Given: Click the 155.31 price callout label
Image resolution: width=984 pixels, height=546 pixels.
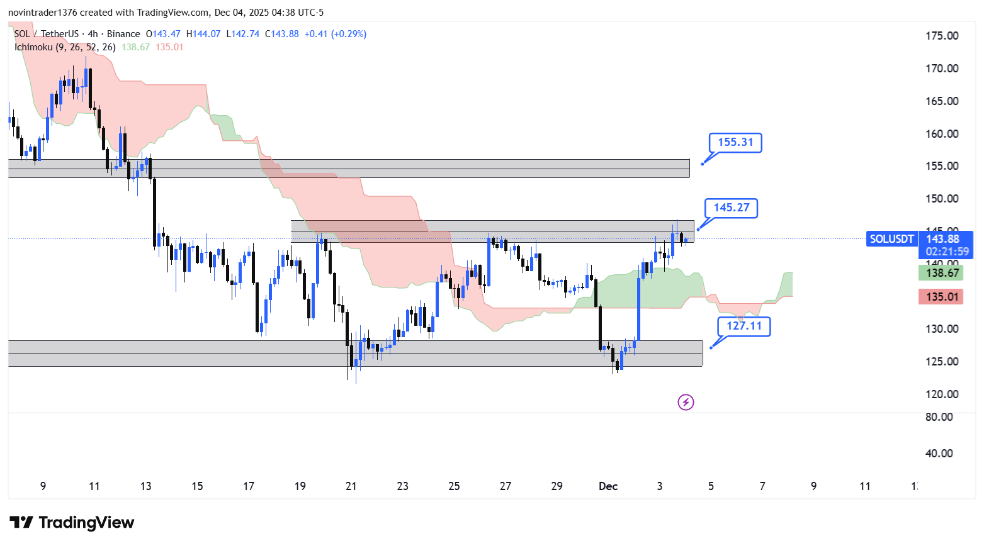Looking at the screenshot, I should [735, 143].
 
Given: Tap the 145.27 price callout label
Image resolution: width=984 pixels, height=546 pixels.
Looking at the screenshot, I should [731, 208].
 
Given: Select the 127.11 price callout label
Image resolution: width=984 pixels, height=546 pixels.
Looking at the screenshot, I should [744, 326].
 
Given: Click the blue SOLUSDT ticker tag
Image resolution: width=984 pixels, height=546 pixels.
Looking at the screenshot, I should [891, 239].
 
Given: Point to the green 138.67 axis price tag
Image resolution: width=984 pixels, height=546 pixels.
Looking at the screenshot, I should [941, 273].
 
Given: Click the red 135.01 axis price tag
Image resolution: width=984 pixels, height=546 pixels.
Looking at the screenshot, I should [941, 297].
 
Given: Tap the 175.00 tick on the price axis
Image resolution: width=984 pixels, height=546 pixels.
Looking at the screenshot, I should [942, 36].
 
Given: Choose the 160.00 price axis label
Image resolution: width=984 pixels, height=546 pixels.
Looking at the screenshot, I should [942, 134].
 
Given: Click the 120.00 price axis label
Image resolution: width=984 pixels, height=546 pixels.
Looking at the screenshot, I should [942, 394].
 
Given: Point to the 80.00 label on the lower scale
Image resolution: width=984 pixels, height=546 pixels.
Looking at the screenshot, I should [939, 417].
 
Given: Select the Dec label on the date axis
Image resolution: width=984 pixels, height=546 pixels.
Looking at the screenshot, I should [608, 486].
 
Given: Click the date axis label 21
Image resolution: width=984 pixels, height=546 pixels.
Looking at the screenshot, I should [351, 486].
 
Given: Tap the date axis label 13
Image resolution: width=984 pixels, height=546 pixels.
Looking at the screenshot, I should [145, 486].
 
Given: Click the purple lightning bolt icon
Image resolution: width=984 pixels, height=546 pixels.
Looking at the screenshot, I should [686, 402].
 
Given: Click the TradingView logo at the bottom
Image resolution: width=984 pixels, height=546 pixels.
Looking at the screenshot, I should [72, 523].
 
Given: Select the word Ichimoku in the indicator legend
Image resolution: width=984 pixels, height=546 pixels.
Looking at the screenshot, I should [33, 47].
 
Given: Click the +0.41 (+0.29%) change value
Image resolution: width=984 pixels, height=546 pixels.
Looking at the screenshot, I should [336, 34].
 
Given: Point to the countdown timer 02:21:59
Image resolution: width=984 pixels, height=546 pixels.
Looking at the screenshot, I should [947, 252].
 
